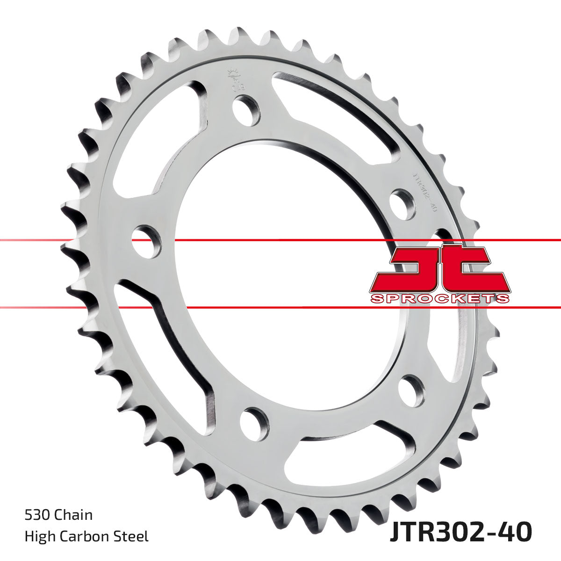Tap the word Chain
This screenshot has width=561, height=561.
point(73,515)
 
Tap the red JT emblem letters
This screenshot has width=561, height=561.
point(439,269)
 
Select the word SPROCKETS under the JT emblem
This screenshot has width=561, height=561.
point(439,299)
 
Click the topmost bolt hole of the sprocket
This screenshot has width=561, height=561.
point(246,110)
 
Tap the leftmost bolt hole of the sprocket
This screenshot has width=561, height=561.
point(146,241)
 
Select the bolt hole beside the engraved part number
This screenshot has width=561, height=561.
point(403,204)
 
